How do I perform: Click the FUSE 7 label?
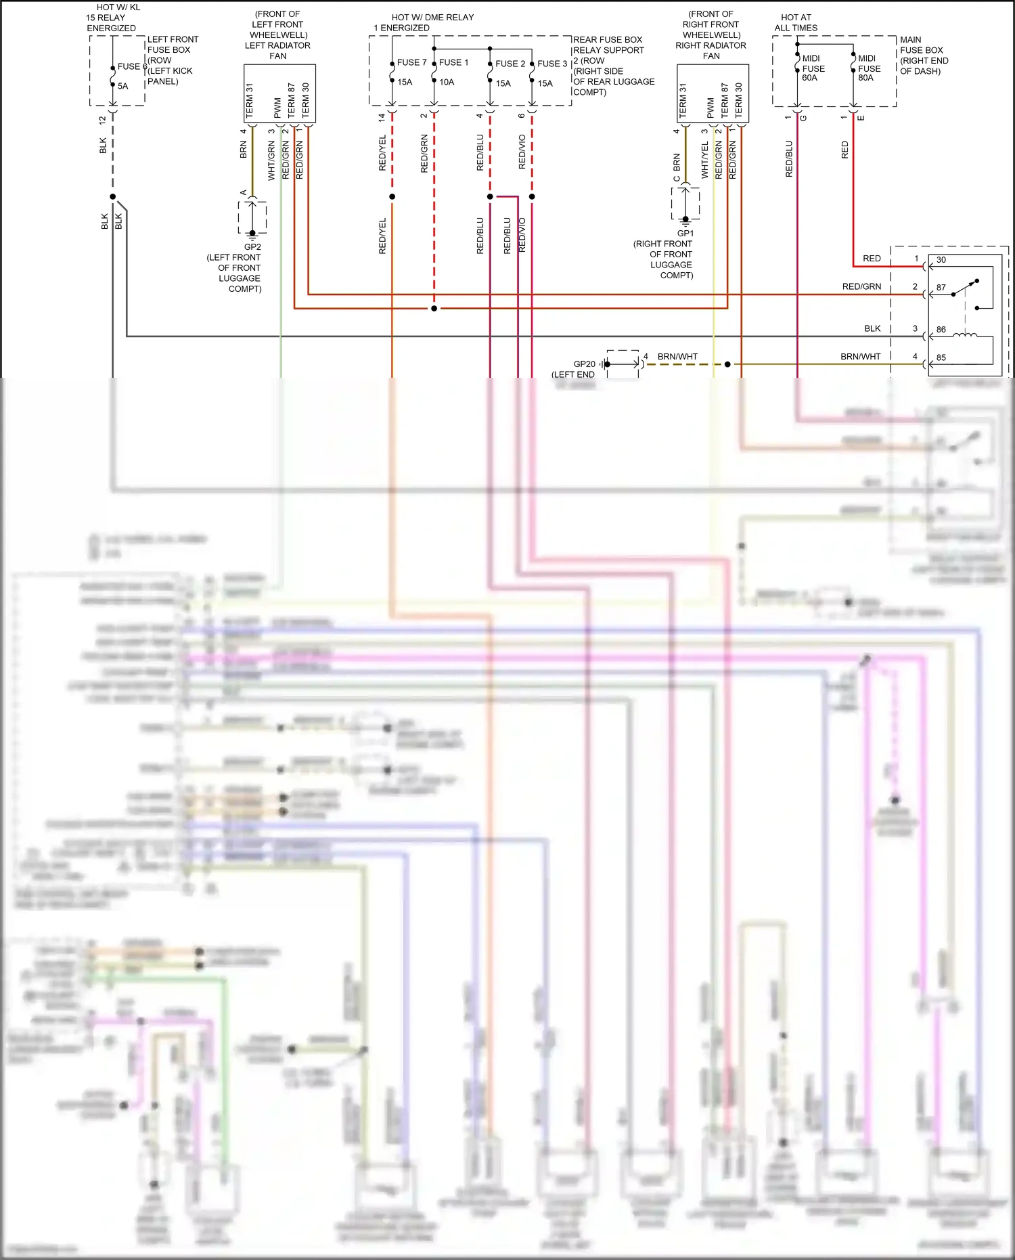(411, 62)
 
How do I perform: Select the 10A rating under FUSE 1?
(447, 83)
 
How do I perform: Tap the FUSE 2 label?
(510, 64)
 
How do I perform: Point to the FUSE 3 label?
(552, 64)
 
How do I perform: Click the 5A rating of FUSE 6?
(122, 86)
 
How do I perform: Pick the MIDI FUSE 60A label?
(813, 68)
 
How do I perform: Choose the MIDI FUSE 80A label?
(869, 68)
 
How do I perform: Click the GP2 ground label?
(252, 247)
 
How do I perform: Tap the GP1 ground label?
(685, 234)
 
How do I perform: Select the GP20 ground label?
(584, 364)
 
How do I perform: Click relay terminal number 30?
(941, 260)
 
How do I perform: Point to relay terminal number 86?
(941, 330)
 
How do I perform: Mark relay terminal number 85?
(941, 357)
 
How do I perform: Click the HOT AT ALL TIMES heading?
(796, 23)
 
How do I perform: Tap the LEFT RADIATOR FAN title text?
(277, 51)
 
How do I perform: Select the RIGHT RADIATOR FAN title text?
(710, 51)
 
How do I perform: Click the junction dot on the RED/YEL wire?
(392, 197)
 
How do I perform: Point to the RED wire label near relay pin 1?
(872, 259)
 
